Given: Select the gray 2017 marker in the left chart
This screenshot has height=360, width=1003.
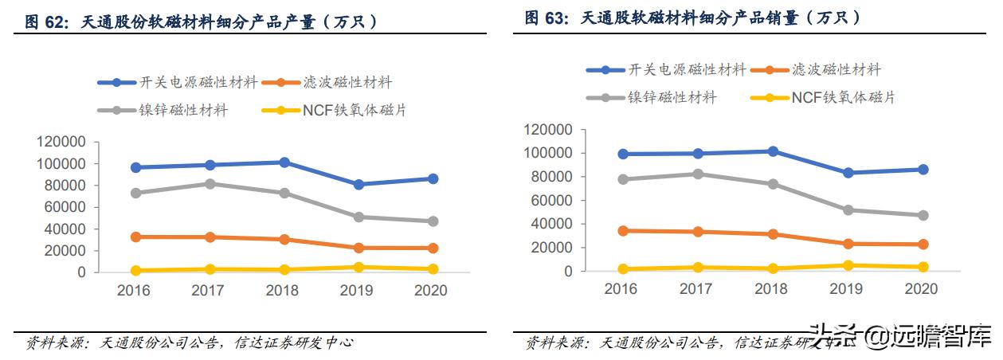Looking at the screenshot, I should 210,184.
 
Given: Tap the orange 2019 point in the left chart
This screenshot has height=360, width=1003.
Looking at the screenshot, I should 358,248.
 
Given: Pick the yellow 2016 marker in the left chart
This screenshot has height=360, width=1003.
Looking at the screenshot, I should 135,271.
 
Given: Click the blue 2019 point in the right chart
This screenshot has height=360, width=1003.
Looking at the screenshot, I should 848,173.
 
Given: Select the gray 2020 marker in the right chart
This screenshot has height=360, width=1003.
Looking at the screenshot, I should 923,216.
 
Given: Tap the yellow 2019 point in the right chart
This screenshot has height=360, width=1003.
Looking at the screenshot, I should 848,265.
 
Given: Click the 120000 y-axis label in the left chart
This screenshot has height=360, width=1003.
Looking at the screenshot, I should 61,142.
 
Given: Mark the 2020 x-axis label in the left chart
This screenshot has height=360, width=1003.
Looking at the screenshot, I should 431,291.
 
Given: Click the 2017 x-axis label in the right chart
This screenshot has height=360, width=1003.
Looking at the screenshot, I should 695,289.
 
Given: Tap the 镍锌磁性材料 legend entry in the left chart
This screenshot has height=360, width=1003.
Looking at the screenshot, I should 182,110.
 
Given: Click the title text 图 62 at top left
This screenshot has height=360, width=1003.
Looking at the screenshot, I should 49,23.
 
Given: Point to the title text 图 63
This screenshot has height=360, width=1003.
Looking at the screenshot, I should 548,18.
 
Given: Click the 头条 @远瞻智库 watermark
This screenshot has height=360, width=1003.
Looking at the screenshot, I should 900,336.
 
